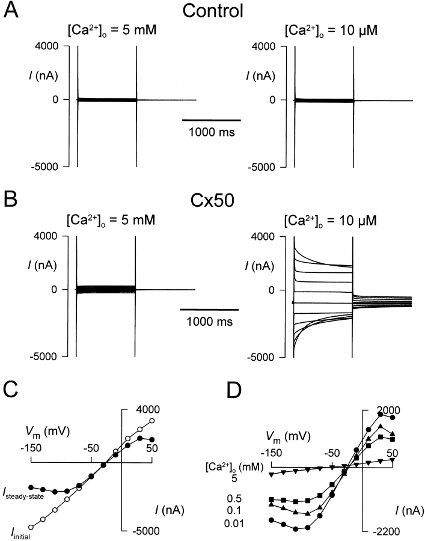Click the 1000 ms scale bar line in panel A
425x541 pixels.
click(212, 120)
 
